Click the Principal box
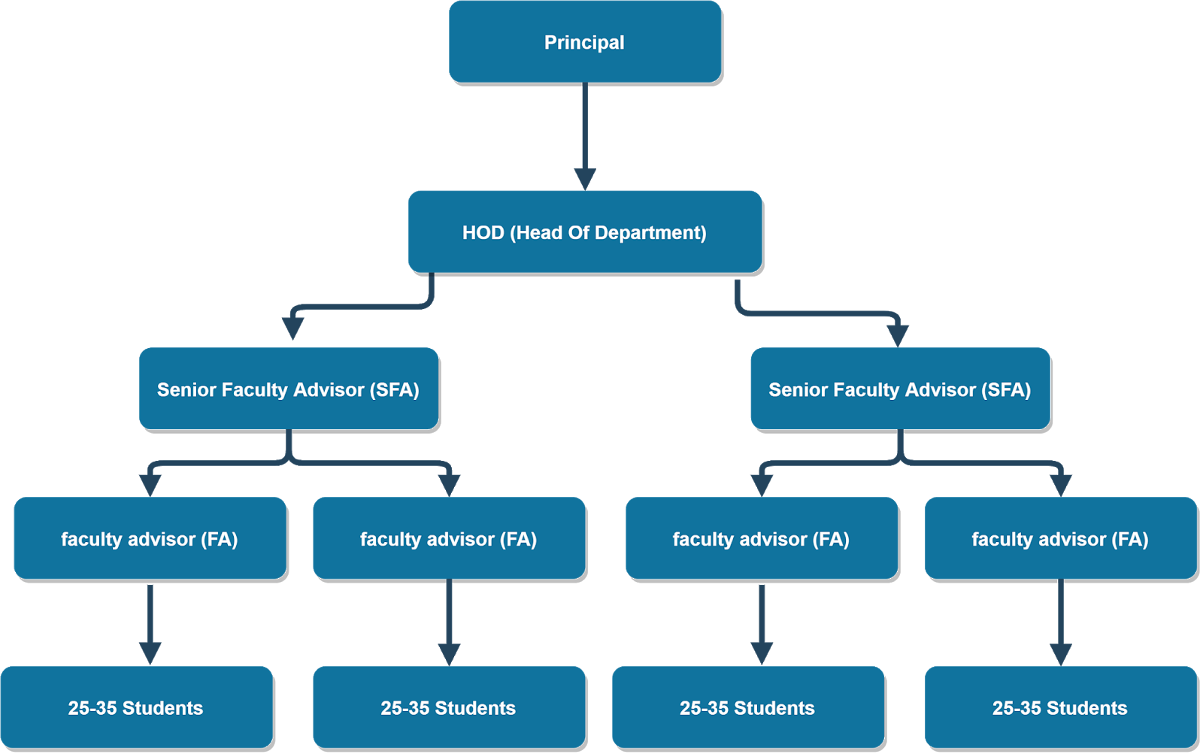[x=585, y=42]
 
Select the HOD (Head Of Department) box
[x=585, y=232]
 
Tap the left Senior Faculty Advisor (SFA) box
[x=289, y=389]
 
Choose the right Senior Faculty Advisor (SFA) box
[x=900, y=389]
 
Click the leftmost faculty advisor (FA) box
[x=150, y=538]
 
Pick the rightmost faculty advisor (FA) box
[x=1060, y=538]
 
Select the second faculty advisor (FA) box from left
[x=449, y=538]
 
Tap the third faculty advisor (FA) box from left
[x=762, y=538]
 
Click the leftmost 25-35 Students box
[x=136, y=707]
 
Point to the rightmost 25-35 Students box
[x=1060, y=707]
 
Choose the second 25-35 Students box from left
[x=449, y=707]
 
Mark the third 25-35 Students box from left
[x=748, y=707]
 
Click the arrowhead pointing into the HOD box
[x=585, y=179]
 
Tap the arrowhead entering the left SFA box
[x=292, y=329]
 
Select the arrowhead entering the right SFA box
[x=898, y=335]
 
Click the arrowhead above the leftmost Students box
[x=150, y=653]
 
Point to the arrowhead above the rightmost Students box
[x=1060, y=653]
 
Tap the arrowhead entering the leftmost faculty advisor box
[x=150, y=485]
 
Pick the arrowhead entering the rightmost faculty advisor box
[x=1060, y=485]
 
